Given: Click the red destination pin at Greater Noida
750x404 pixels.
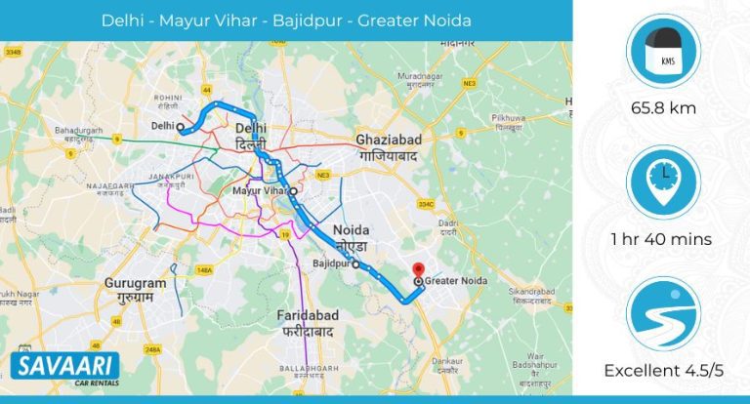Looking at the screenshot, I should tap(418, 270).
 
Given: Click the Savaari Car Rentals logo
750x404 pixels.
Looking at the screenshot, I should tap(65, 371).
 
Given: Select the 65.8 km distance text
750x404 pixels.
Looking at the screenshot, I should tap(663, 108).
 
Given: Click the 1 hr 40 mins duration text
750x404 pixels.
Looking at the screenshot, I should tap(663, 239).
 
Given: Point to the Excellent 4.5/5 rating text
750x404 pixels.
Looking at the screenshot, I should tap(663, 371).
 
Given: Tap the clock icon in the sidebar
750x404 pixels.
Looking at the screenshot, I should tap(663, 184).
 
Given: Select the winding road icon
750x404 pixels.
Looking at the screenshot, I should tap(663, 315).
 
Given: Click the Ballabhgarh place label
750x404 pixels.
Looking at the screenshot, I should tap(306, 367).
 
